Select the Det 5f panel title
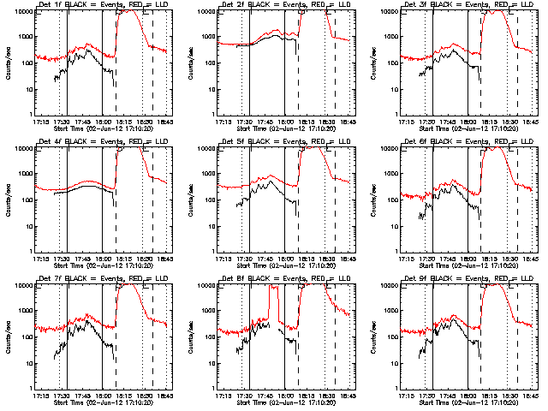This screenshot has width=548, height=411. click(286, 141)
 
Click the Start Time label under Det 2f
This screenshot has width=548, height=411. click(286, 128)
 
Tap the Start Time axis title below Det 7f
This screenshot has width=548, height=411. click(103, 402)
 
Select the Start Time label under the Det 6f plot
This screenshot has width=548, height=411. click(468, 265)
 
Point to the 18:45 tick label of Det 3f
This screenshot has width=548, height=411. click(531, 122)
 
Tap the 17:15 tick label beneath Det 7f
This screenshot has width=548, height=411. click(39, 396)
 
